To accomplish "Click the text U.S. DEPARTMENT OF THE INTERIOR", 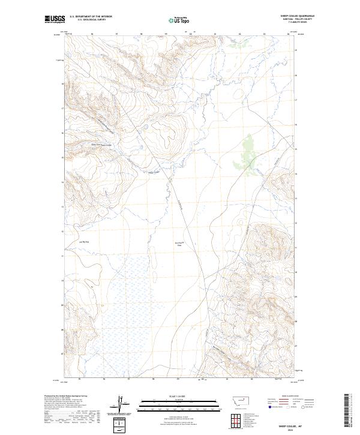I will point(91,16).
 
